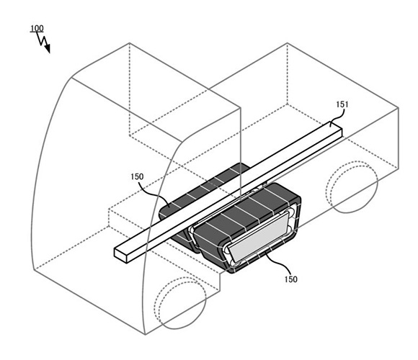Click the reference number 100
click(x=37, y=28)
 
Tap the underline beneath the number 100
click(x=37, y=32)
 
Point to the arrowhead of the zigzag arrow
click(x=47, y=49)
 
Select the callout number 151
click(x=342, y=104)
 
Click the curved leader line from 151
click(x=336, y=117)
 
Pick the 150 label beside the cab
click(x=137, y=176)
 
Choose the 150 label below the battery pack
click(x=290, y=279)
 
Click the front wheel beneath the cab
click(x=180, y=303)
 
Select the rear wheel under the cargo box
click(x=352, y=187)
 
